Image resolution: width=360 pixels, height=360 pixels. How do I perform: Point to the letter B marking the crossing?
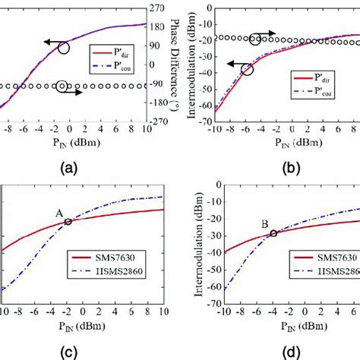point(262,224)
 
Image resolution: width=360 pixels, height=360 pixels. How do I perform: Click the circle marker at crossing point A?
point(68,222)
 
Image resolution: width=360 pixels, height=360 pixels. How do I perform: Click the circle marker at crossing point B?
point(273,233)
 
